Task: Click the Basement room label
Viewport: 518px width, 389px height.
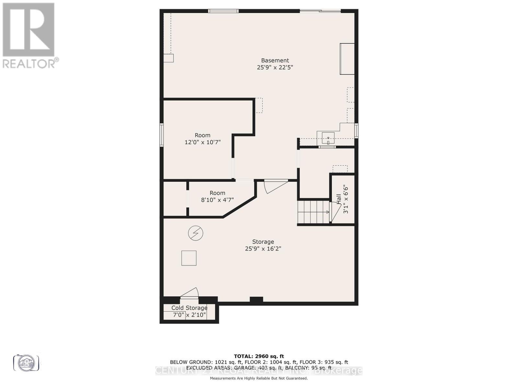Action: [x=275, y=60]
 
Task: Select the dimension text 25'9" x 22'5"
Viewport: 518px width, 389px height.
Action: [x=275, y=67]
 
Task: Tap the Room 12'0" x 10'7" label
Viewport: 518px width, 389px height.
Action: [x=202, y=139]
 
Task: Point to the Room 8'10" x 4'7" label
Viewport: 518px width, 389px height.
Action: [x=217, y=196]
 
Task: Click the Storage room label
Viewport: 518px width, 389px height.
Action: [x=263, y=242]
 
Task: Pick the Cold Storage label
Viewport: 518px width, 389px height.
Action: [x=189, y=308]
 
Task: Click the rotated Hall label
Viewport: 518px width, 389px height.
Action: [x=339, y=199]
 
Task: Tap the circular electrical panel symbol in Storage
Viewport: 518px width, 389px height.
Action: [x=196, y=233]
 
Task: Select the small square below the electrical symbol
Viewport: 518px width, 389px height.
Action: [x=189, y=258]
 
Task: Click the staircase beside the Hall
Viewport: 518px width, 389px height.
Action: [x=313, y=212]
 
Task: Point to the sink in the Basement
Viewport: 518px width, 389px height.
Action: [x=328, y=138]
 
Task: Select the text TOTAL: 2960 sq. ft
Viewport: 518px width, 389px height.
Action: [x=259, y=356]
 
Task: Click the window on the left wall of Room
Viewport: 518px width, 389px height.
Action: [x=162, y=135]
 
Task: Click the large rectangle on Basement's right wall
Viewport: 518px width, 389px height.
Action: [x=347, y=59]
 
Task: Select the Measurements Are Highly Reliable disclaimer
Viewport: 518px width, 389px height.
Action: [x=259, y=378]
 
